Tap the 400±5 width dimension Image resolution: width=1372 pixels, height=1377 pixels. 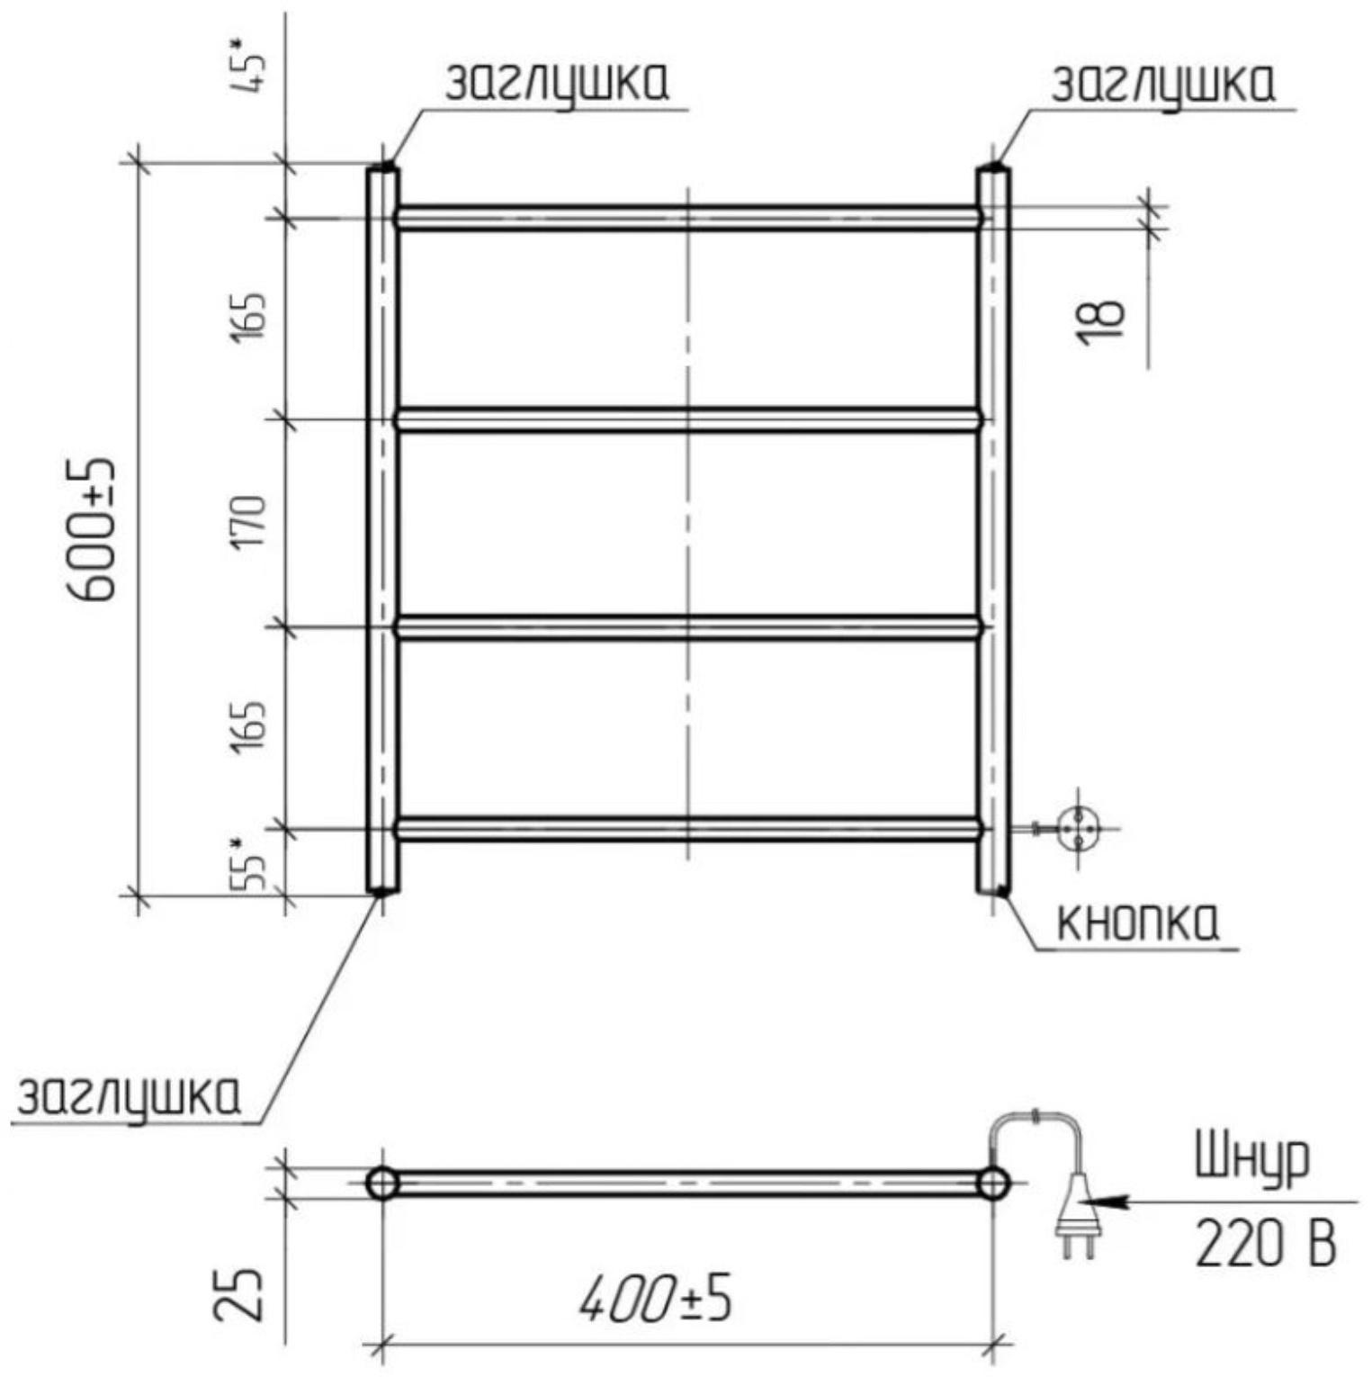pos(655,1300)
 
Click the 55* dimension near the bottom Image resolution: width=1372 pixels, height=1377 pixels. pos(247,864)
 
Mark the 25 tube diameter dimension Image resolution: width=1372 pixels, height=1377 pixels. pos(239,1293)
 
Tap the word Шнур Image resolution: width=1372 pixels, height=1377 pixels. pos(1251,1162)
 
